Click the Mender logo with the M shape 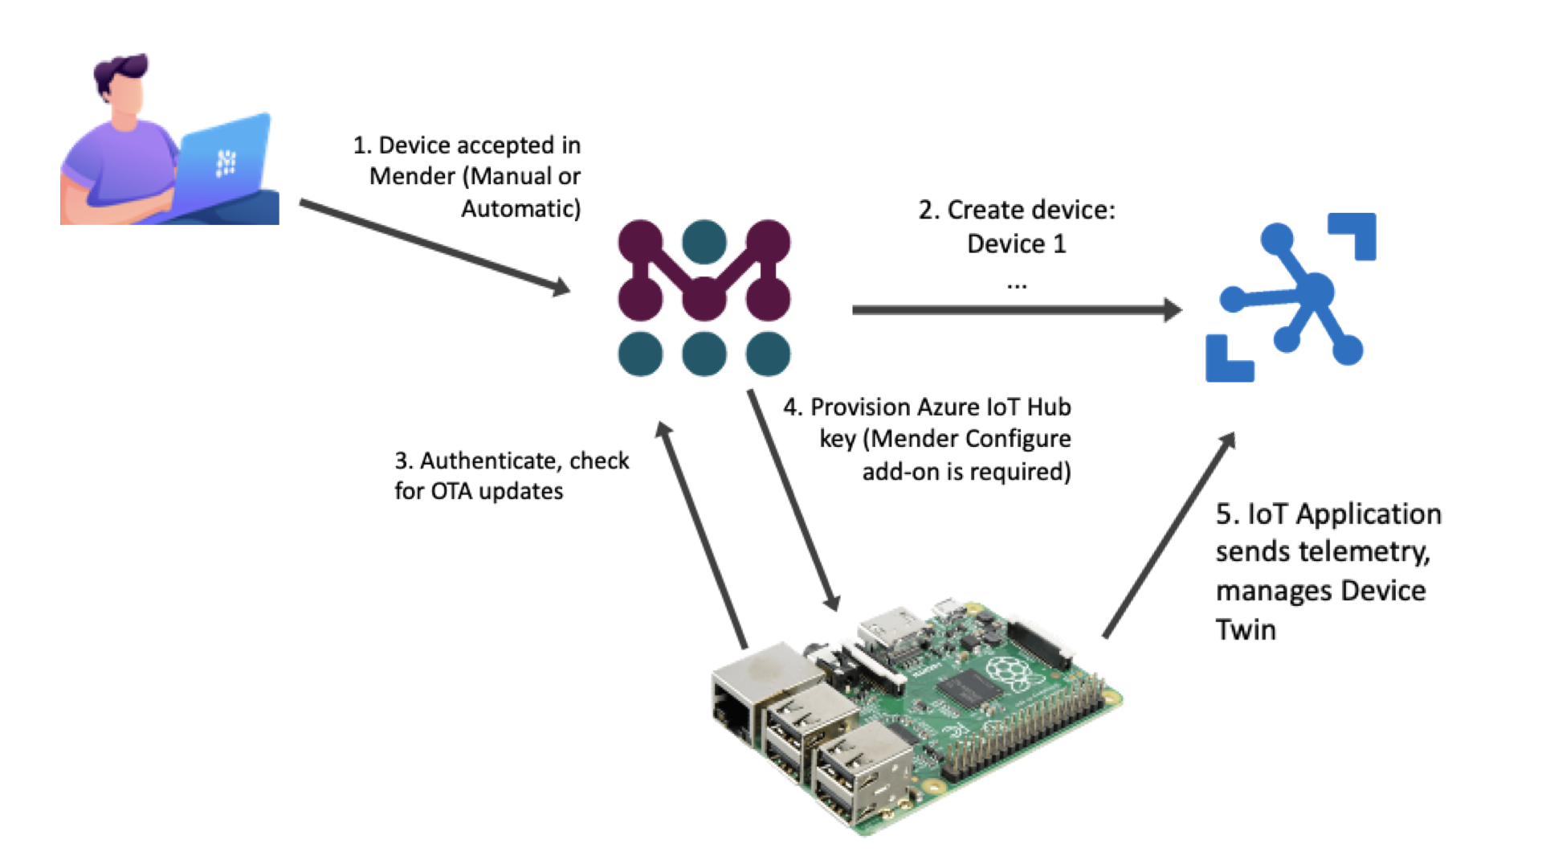[x=704, y=297]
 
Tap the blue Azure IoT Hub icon [x=1291, y=297]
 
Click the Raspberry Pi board [x=916, y=715]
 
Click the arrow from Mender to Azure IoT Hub [x=1016, y=309]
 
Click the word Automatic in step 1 [x=520, y=209]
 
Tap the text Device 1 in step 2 [x=1016, y=244]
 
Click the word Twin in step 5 [x=1246, y=629]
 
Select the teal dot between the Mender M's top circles [x=704, y=242]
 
